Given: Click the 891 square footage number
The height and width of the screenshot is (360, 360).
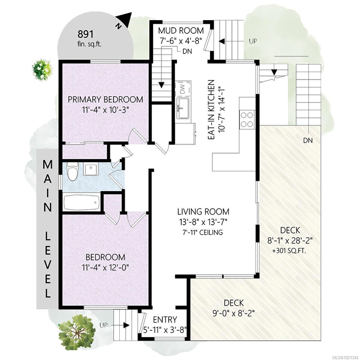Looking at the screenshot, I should (86, 34).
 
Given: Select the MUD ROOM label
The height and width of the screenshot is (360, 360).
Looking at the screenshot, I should (181, 31).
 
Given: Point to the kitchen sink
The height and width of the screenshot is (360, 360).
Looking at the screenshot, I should (183, 108).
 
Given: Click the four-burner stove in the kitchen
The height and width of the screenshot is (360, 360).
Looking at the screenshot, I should (247, 120).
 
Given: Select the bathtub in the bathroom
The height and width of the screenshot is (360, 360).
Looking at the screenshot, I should (81, 203).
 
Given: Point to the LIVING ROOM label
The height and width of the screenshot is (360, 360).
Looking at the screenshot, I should (203, 212).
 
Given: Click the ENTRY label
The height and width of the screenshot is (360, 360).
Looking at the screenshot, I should (165, 319).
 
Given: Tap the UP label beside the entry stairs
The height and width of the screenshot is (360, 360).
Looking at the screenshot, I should (103, 325).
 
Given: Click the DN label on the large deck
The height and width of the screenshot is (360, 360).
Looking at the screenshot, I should (308, 140).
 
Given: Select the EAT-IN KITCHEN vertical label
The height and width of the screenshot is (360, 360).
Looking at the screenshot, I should (211, 109).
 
